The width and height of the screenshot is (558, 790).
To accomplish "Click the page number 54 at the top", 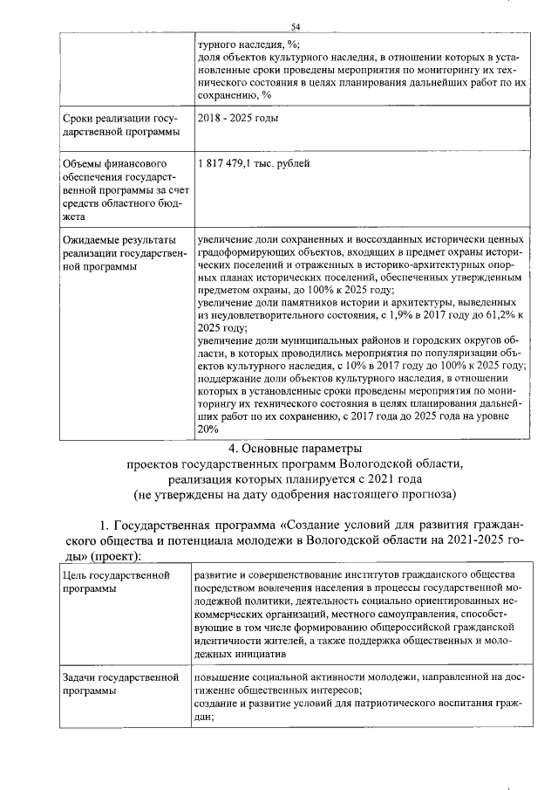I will pos(296,27).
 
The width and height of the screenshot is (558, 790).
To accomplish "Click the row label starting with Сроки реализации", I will pos(119,125).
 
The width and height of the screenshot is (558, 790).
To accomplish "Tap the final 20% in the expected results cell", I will pos(208,429).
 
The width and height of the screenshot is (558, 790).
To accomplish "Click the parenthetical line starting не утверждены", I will pos(296,495).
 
